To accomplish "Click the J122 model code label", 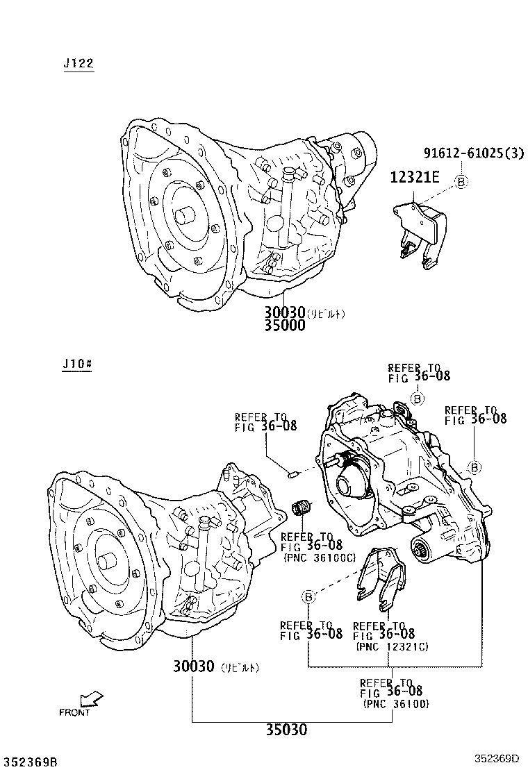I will coord(78,64).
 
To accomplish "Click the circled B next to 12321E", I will coord(461,181).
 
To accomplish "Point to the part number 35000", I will coord(284,325).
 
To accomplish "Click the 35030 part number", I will coord(286,730).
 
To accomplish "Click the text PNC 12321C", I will coord(391,646).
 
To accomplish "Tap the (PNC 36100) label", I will coord(395,703).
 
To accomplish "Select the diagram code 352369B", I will coord(30,762).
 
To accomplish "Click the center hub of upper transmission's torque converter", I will coord(185,214).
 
